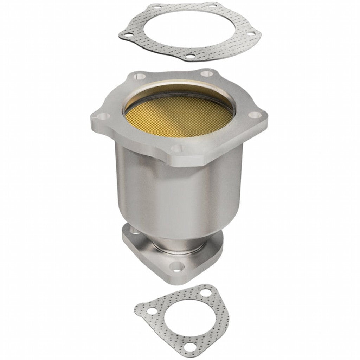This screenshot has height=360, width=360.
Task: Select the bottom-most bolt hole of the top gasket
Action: click(190, 56)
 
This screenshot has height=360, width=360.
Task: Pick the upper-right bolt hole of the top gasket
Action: click(213, 6)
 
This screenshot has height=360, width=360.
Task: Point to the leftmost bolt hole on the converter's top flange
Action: click(103, 116)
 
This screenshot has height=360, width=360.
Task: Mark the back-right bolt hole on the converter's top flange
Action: click(205, 74)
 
